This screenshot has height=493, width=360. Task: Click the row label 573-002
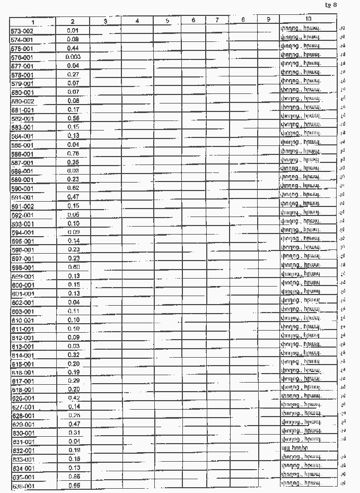click(22, 31)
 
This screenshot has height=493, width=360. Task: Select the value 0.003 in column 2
click(73, 57)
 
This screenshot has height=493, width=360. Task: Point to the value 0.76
click(73, 154)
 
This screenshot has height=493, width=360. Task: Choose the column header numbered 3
click(106, 21)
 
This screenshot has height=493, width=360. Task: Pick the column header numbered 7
click(217, 21)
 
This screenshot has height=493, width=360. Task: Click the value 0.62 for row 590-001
click(73, 188)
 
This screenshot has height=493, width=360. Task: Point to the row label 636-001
click(22, 486)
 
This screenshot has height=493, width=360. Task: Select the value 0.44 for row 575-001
click(73, 48)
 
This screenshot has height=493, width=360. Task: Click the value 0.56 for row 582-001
click(73, 118)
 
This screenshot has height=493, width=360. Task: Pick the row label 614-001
click(22, 355)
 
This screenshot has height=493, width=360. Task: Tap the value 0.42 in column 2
click(73, 398)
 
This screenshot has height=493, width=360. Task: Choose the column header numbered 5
click(167, 21)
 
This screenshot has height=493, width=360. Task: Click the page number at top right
click(331, 5)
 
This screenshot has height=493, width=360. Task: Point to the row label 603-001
click(22, 312)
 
